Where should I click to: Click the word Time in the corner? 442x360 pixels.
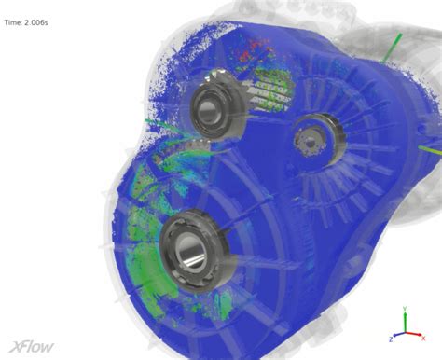tap(13, 23)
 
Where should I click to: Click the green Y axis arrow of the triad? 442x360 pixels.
tap(404, 316)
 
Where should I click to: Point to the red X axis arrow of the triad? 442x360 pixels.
tap(413, 332)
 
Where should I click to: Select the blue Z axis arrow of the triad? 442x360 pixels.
tap(398, 333)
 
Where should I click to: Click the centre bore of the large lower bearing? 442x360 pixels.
tap(192, 249)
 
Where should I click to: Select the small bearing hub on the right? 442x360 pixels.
tap(309, 141)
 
